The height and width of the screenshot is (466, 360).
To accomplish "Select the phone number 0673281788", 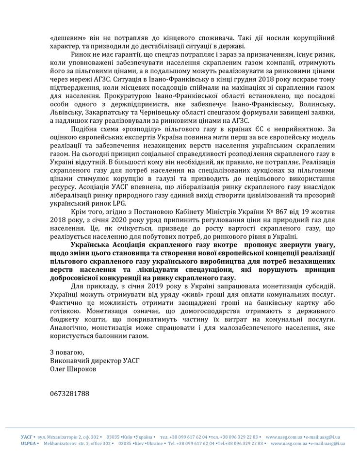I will pos(69,393).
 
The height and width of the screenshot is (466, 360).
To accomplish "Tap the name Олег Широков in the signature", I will pos(72,369).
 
